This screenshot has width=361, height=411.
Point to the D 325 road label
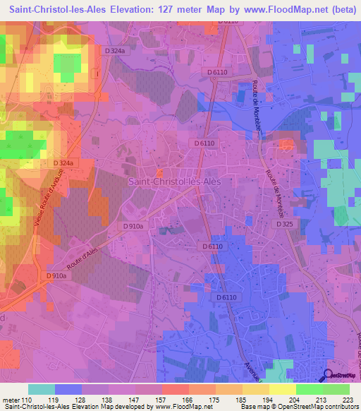[x=283, y=224]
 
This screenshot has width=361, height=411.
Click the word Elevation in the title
[x=134, y=10]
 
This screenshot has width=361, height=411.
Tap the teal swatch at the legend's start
[x=41, y=388]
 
